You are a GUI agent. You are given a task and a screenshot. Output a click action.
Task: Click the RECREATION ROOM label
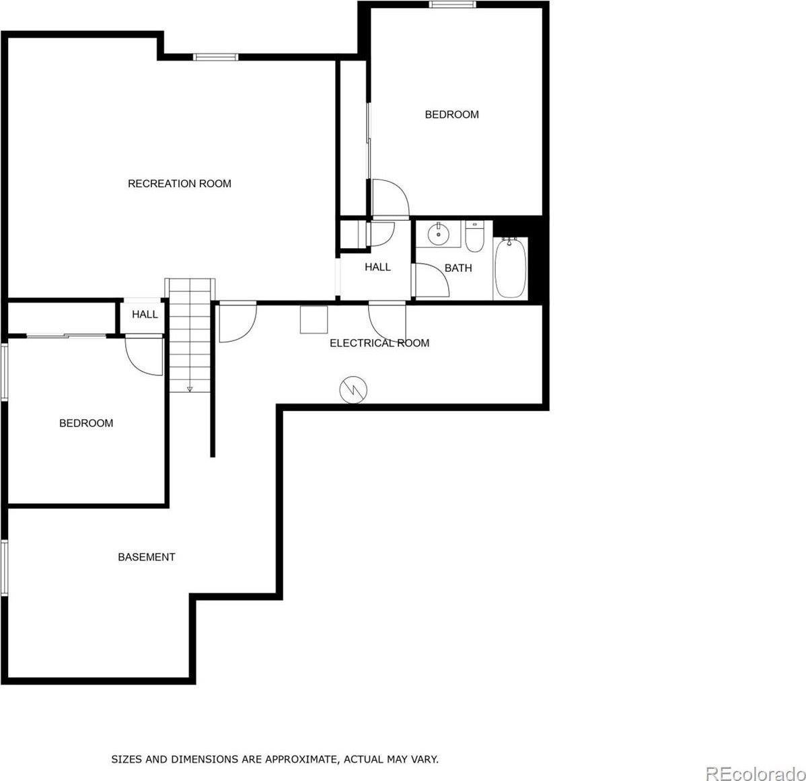point(179,184)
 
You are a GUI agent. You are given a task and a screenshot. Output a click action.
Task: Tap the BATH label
point(457,268)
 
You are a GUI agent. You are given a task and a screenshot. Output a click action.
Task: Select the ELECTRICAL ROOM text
point(379,343)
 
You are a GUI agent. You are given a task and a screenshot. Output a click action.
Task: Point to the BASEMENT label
point(146,557)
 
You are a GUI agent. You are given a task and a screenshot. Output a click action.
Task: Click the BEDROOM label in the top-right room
point(451,114)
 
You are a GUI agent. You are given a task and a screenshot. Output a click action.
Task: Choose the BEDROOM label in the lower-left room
point(86,423)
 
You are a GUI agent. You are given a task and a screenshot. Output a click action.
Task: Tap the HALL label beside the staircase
point(145,314)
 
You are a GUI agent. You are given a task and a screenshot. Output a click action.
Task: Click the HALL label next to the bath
point(377,267)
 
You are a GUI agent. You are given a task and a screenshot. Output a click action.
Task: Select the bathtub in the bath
point(511,268)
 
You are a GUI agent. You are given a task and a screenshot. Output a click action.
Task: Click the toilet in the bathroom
point(475,237)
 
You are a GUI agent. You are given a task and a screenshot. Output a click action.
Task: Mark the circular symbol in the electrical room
point(353,389)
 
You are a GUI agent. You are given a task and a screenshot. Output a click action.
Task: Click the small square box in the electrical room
point(314,319)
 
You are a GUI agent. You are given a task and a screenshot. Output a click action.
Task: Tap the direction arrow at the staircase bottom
point(190,387)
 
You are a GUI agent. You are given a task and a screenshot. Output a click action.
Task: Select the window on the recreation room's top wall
point(215,57)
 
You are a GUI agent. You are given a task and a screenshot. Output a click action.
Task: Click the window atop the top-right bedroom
point(452,5)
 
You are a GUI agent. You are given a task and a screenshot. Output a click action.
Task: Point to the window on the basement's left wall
point(4,566)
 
